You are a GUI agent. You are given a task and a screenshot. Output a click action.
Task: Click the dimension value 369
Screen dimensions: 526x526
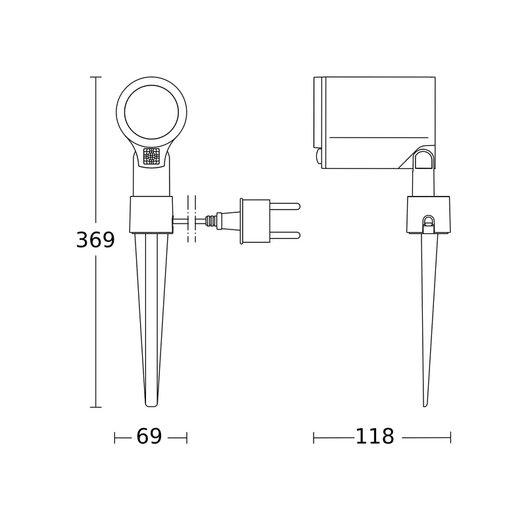95,240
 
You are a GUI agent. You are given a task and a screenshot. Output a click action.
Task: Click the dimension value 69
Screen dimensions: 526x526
149,437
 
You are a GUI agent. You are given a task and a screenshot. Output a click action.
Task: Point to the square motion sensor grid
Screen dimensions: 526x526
151,156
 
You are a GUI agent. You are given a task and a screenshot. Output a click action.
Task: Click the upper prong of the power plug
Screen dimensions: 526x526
285,206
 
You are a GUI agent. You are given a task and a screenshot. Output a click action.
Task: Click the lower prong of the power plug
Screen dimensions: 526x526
285,235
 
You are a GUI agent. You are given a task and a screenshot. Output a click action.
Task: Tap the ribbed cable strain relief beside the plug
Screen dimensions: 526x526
213,221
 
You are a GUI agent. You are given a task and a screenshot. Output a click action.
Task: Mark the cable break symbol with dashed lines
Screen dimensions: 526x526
191,220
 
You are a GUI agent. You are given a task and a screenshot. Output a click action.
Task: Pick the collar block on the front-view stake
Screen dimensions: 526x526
151,214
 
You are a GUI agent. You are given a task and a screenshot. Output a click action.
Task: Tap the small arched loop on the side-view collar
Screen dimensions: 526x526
429,222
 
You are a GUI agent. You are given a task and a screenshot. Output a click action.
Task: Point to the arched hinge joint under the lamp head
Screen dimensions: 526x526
423,160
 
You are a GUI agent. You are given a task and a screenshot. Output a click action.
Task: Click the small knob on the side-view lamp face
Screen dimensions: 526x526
319,156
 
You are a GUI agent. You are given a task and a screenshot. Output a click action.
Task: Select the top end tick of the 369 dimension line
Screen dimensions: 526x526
95,78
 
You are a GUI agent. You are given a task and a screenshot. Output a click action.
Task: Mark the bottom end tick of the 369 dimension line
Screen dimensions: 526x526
95,408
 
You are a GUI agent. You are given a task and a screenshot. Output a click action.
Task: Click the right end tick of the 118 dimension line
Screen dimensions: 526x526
450,437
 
